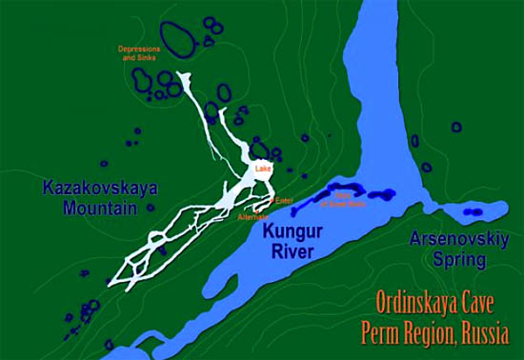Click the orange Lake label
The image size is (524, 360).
[x=264, y=170]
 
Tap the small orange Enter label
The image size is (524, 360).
[x=284, y=200]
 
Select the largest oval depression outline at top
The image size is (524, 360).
[x=175, y=38]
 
